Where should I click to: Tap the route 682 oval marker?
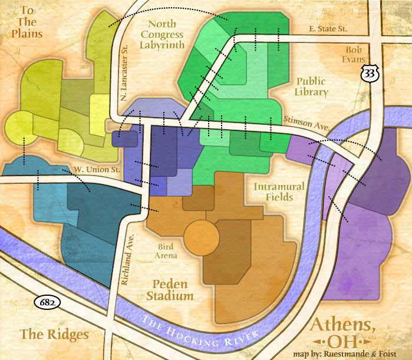click(x=45, y=303)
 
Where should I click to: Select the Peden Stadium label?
click(x=170, y=289)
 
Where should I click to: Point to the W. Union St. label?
click(x=97, y=170)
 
